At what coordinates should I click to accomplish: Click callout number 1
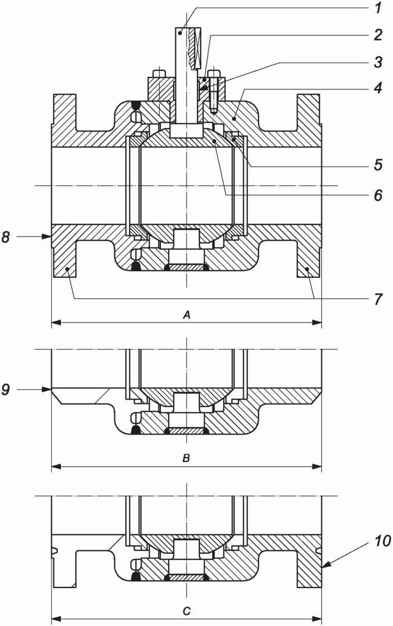coord(378,8)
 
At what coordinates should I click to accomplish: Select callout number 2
coord(378,35)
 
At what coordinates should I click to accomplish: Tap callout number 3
coord(378,62)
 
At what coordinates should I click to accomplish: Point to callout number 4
coord(378,88)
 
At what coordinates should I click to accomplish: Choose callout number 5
coord(378,165)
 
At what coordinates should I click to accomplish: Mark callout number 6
coord(378,195)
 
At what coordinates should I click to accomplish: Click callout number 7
coord(378,299)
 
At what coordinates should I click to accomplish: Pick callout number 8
coord(6,237)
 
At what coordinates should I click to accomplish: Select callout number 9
coord(6,390)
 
